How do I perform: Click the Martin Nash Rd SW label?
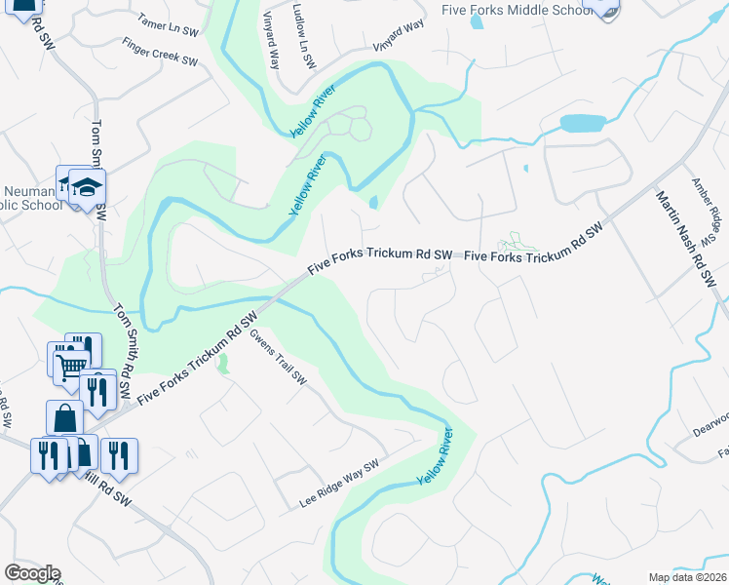tap(684, 237)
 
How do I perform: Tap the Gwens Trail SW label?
tap(279, 357)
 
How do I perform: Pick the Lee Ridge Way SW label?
tap(338, 485)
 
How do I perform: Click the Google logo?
tap(32, 573)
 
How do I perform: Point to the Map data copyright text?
tap(687, 577)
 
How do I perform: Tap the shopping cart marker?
tap(69, 367)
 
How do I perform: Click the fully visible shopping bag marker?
tap(64, 417)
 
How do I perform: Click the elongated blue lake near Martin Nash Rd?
tap(582, 124)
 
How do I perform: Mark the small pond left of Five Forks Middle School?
tap(476, 21)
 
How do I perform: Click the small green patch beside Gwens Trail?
tap(223, 365)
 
